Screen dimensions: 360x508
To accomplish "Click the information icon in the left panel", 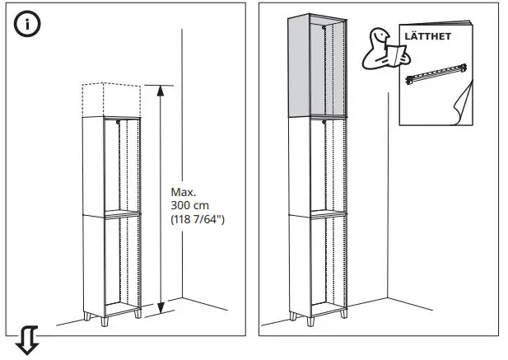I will pyautogui.click(x=28, y=24).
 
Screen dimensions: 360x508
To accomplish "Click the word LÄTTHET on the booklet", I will pyautogui.click(x=426, y=35).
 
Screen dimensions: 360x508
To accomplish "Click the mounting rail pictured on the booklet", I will pyautogui.click(x=434, y=77).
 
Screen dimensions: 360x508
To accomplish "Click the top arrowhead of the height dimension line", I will pyautogui.click(x=161, y=88).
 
